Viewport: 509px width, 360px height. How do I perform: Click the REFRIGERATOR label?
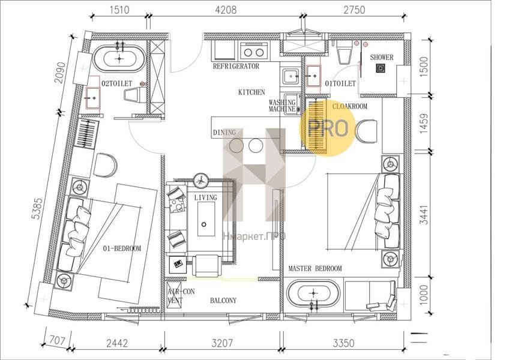(236, 66)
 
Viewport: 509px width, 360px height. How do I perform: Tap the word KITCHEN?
(251, 92)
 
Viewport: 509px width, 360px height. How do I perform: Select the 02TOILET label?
(117, 84)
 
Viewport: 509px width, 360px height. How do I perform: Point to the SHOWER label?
(382, 58)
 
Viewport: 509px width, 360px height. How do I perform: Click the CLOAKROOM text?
(350, 106)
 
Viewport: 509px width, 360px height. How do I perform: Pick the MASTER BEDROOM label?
(315, 268)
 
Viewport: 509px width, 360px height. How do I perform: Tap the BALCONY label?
(223, 301)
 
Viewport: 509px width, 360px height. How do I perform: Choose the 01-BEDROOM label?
(122, 248)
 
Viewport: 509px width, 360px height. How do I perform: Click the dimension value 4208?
(226, 10)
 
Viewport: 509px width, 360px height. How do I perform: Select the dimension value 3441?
(424, 214)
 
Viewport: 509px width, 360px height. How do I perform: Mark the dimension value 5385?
(38, 209)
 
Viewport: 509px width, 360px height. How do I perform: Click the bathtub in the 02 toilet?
(119, 58)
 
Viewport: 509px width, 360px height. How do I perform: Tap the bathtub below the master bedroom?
(313, 294)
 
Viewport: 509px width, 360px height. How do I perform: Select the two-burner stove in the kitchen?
(254, 52)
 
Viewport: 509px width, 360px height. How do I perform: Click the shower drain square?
(381, 68)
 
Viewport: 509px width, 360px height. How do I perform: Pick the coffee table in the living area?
(206, 219)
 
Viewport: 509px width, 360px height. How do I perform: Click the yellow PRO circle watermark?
(328, 128)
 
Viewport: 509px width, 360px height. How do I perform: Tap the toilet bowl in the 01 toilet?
(344, 52)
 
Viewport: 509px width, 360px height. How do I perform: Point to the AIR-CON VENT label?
(181, 296)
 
